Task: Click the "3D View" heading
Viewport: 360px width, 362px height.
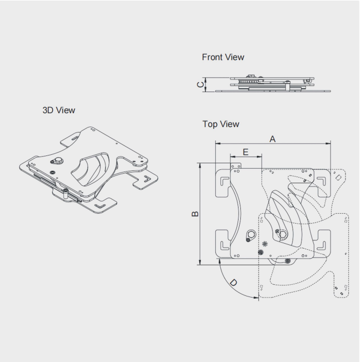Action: point(59,110)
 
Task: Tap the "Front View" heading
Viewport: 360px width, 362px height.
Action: point(223,57)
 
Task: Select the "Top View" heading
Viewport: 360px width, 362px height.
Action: point(221,124)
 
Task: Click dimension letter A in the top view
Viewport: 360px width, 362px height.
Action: point(272,139)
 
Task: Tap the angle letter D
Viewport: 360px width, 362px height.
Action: point(234,283)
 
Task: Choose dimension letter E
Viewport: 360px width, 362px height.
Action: point(245,152)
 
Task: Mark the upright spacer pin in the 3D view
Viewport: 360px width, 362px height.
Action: point(65,194)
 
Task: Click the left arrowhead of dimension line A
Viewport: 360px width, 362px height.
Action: point(217,144)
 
